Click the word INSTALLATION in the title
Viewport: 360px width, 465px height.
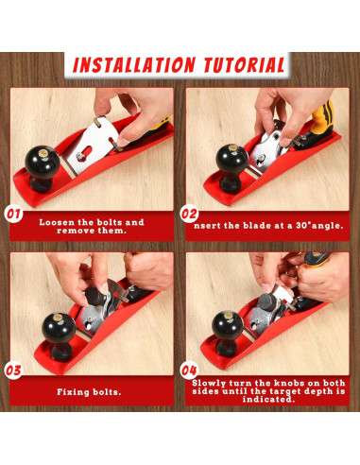[x=134, y=65]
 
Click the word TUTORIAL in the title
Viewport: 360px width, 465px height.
[x=245, y=65]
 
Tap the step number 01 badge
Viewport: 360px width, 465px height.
[x=13, y=215]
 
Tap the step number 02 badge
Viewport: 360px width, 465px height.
[x=189, y=215]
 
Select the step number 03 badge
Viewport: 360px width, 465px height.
[x=13, y=370]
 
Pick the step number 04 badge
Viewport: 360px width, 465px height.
[x=189, y=370]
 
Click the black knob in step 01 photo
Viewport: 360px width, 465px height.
[x=42, y=168]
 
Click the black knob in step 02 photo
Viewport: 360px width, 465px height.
[x=232, y=168]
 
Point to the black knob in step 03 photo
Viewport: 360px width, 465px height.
[x=59, y=336]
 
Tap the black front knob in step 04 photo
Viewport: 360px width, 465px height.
[x=228, y=334]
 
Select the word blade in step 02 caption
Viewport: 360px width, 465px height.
[x=257, y=226]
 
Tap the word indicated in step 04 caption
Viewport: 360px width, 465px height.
[x=268, y=399]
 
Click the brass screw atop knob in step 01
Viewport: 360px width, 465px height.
[x=43, y=153]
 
